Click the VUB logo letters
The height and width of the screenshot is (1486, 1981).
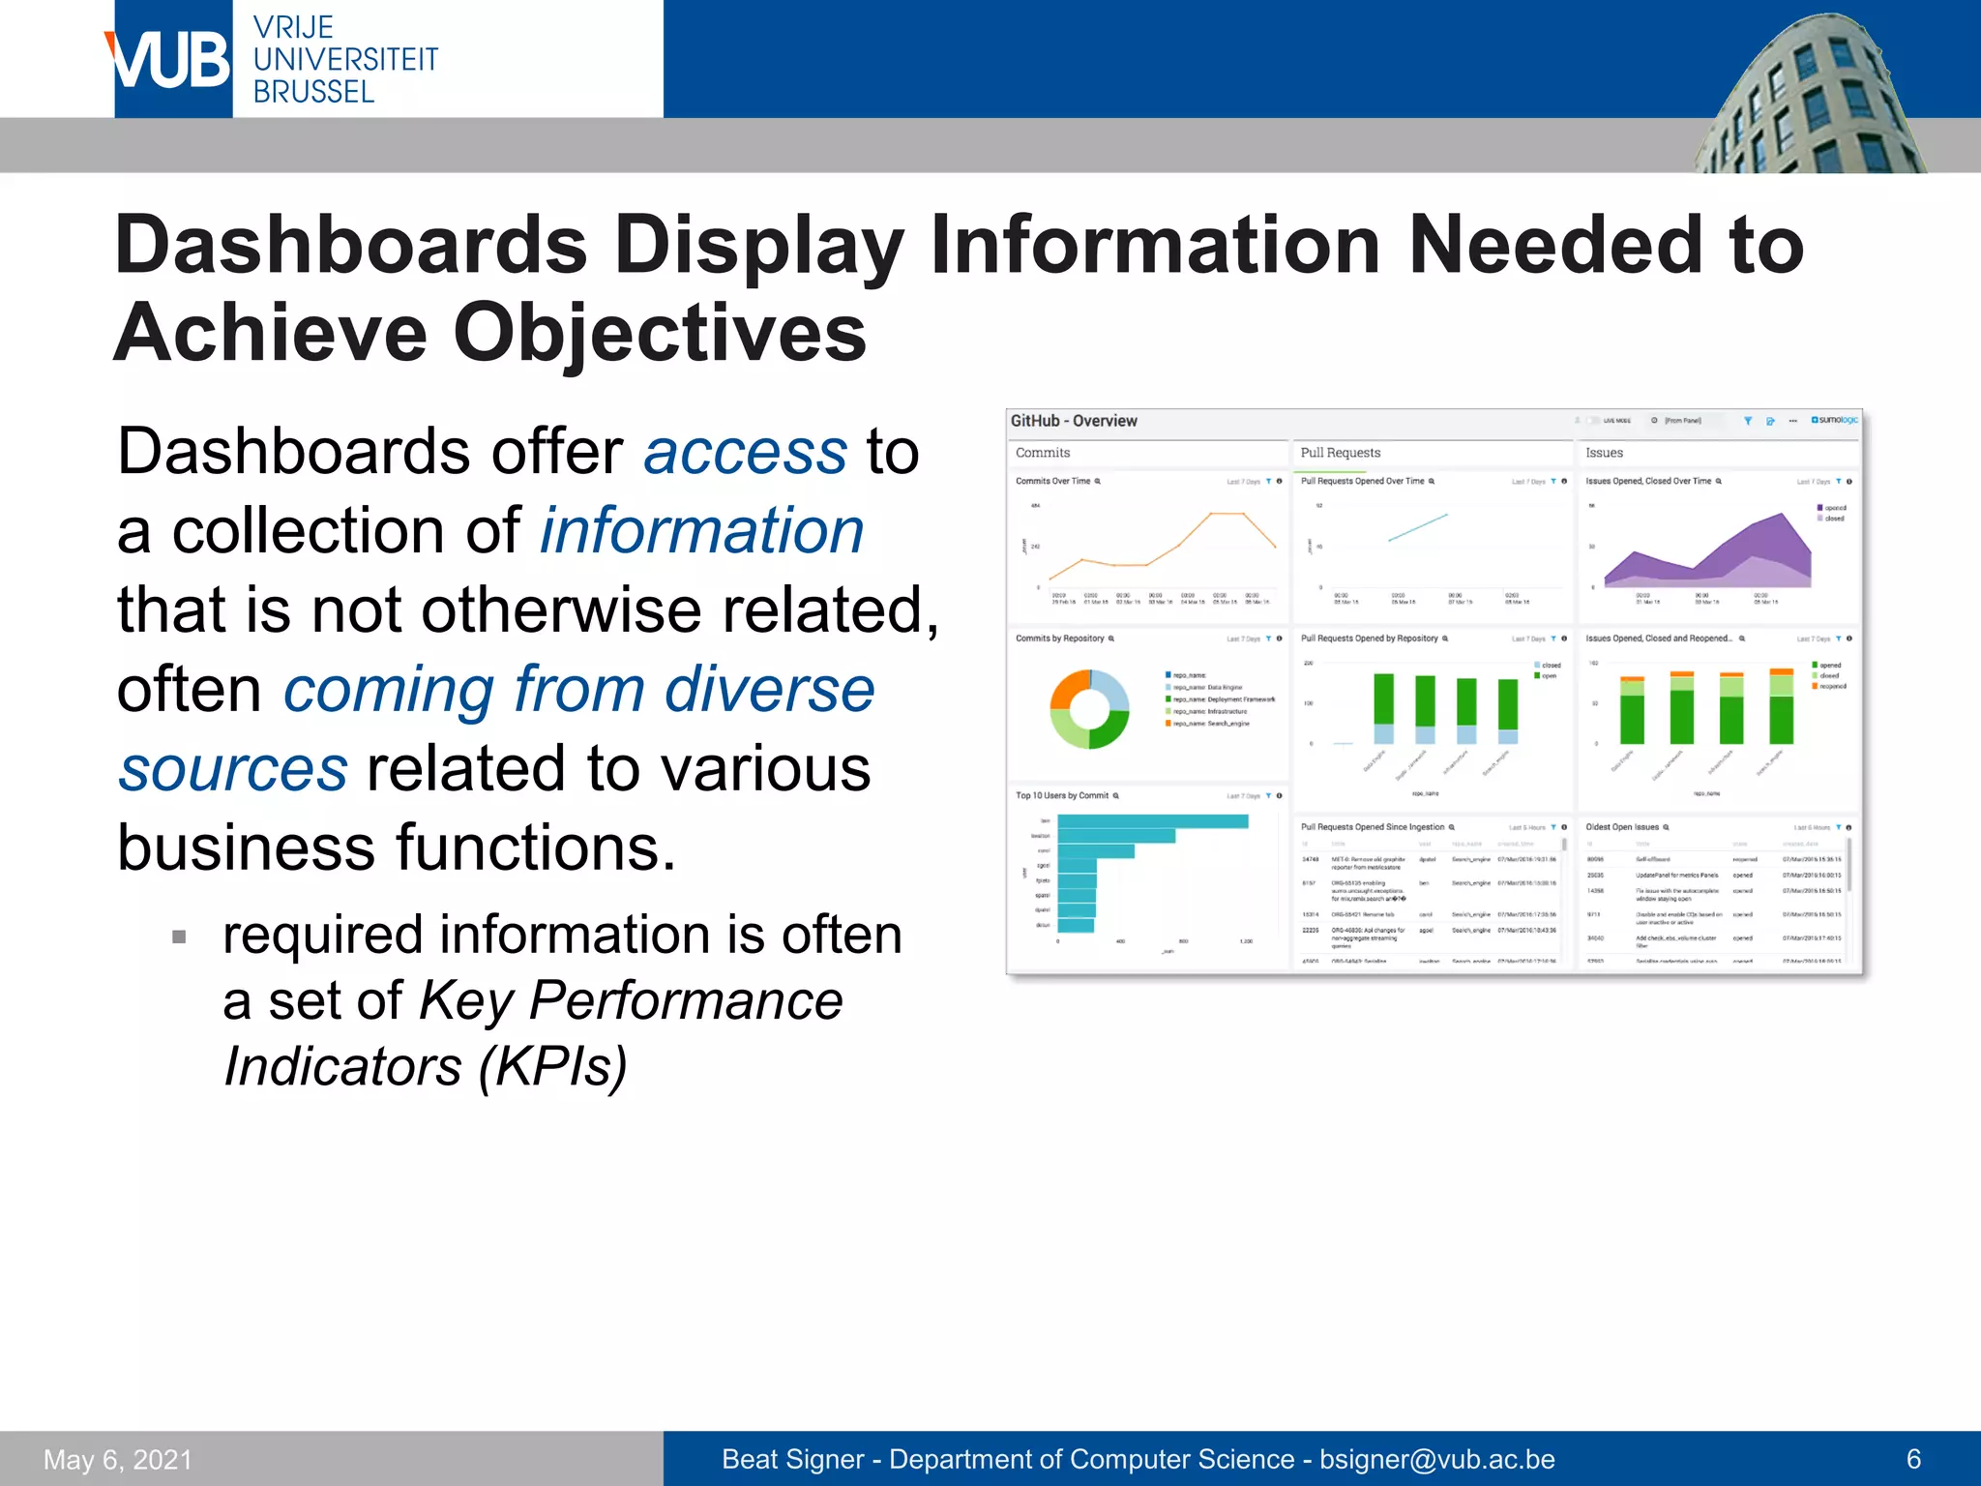pyautogui.click(x=171, y=60)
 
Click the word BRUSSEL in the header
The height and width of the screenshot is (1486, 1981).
pyautogui.click(x=313, y=92)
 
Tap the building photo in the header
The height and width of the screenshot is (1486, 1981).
pyautogui.click(x=1809, y=97)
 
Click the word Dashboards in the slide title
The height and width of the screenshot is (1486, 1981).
pyautogui.click(x=350, y=245)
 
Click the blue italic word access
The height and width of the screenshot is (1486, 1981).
pyautogui.click(x=745, y=452)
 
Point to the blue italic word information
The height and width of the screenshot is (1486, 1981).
pyautogui.click(x=701, y=531)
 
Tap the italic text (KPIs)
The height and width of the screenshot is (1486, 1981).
pyautogui.click(x=552, y=1066)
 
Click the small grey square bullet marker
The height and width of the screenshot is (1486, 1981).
pyautogui.click(x=179, y=936)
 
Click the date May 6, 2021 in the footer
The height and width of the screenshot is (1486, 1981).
pyautogui.click(x=118, y=1459)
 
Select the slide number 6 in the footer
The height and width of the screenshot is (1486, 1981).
pyautogui.click(x=1912, y=1459)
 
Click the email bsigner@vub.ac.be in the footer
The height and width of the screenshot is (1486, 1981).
pyautogui.click(x=1436, y=1459)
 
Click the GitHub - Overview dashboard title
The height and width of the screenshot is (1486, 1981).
pyautogui.click(x=1074, y=421)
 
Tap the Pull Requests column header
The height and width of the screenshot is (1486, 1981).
pyautogui.click(x=1340, y=453)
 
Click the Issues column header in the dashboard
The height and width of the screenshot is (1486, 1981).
pyautogui.click(x=1604, y=453)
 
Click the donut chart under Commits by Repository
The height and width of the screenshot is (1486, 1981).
pyautogui.click(x=1089, y=710)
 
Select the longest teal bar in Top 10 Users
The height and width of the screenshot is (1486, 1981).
pyautogui.click(x=1152, y=821)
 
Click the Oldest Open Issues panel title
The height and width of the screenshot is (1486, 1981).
pyautogui.click(x=1622, y=827)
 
